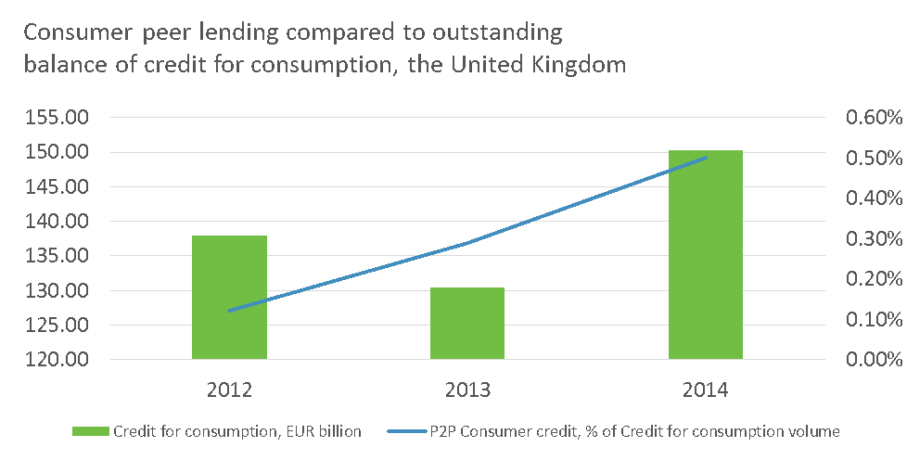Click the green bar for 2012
(229, 297)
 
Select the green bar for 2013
(467, 323)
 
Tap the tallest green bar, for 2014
(706, 254)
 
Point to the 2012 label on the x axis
(229, 390)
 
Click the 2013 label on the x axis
(467, 390)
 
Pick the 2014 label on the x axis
(706, 390)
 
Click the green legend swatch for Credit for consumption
(90, 431)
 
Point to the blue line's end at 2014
(706, 158)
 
